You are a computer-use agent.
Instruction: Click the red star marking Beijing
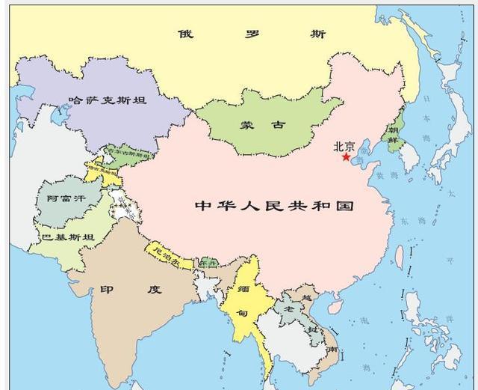coord(346,157)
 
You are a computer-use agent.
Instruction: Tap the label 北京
coord(344,146)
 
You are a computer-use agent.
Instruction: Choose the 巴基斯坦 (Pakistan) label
coord(68,238)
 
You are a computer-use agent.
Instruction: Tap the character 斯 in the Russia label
coord(318,34)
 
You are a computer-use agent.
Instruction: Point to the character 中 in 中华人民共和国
coord(202,205)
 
